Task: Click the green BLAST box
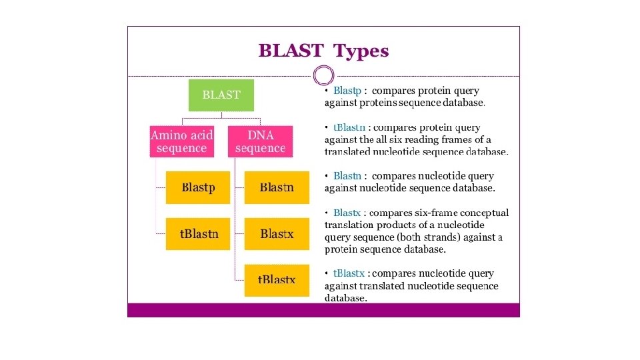point(221,95)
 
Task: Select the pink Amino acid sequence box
point(181,141)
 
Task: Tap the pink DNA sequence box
point(260,141)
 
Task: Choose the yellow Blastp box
point(198,187)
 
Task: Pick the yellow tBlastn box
point(198,234)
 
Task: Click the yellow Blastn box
point(277,187)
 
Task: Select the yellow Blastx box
point(277,234)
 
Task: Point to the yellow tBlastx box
point(277,280)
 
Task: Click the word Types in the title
point(361,51)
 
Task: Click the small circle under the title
point(323,75)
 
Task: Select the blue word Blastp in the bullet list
point(347,90)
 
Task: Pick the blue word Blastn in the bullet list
point(347,176)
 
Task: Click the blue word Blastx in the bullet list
point(347,213)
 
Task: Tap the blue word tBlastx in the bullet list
point(349,273)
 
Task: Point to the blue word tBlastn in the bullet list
point(349,127)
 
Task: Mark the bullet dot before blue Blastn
point(326,176)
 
